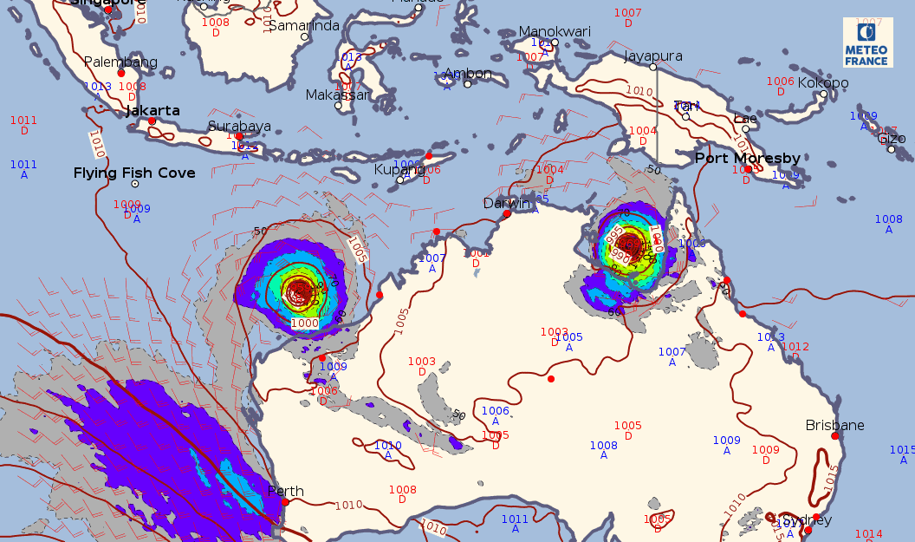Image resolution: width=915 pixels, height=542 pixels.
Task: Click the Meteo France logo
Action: (x=867, y=42)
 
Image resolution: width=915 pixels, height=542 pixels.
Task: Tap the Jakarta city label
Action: (x=152, y=111)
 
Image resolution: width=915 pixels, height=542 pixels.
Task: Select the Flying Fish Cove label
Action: (x=134, y=173)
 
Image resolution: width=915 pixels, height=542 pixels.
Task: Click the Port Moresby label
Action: (x=748, y=158)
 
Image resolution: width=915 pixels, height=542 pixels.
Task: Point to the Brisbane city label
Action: (x=834, y=425)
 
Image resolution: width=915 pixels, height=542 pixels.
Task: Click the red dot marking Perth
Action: (x=285, y=502)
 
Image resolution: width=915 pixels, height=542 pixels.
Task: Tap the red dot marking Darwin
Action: (x=507, y=213)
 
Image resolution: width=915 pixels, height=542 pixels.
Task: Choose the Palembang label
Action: (x=120, y=62)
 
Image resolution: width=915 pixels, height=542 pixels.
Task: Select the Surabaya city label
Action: (x=239, y=126)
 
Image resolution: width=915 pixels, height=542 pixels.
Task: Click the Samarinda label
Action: (x=303, y=25)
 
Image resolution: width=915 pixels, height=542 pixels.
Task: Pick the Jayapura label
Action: (x=653, y=56)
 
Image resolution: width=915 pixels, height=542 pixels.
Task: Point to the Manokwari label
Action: (x=555, y=31)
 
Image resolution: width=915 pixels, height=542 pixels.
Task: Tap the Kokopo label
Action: (x=823, y=83)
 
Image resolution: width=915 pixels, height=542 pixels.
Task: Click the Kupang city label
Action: (x=399, y=169)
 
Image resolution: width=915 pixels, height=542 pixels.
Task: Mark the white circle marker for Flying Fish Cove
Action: (x=134, y=184)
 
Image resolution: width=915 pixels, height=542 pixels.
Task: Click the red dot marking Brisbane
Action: (x=835, y=436)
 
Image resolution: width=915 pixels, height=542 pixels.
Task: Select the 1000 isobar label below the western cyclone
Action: (x=305, y=323)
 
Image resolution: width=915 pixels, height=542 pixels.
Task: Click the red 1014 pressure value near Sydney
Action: (x=869, y=534)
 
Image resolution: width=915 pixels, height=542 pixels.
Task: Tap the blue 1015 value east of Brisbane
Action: (x=901, y=449)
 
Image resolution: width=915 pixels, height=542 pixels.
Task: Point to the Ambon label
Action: (x=467, y=74)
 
